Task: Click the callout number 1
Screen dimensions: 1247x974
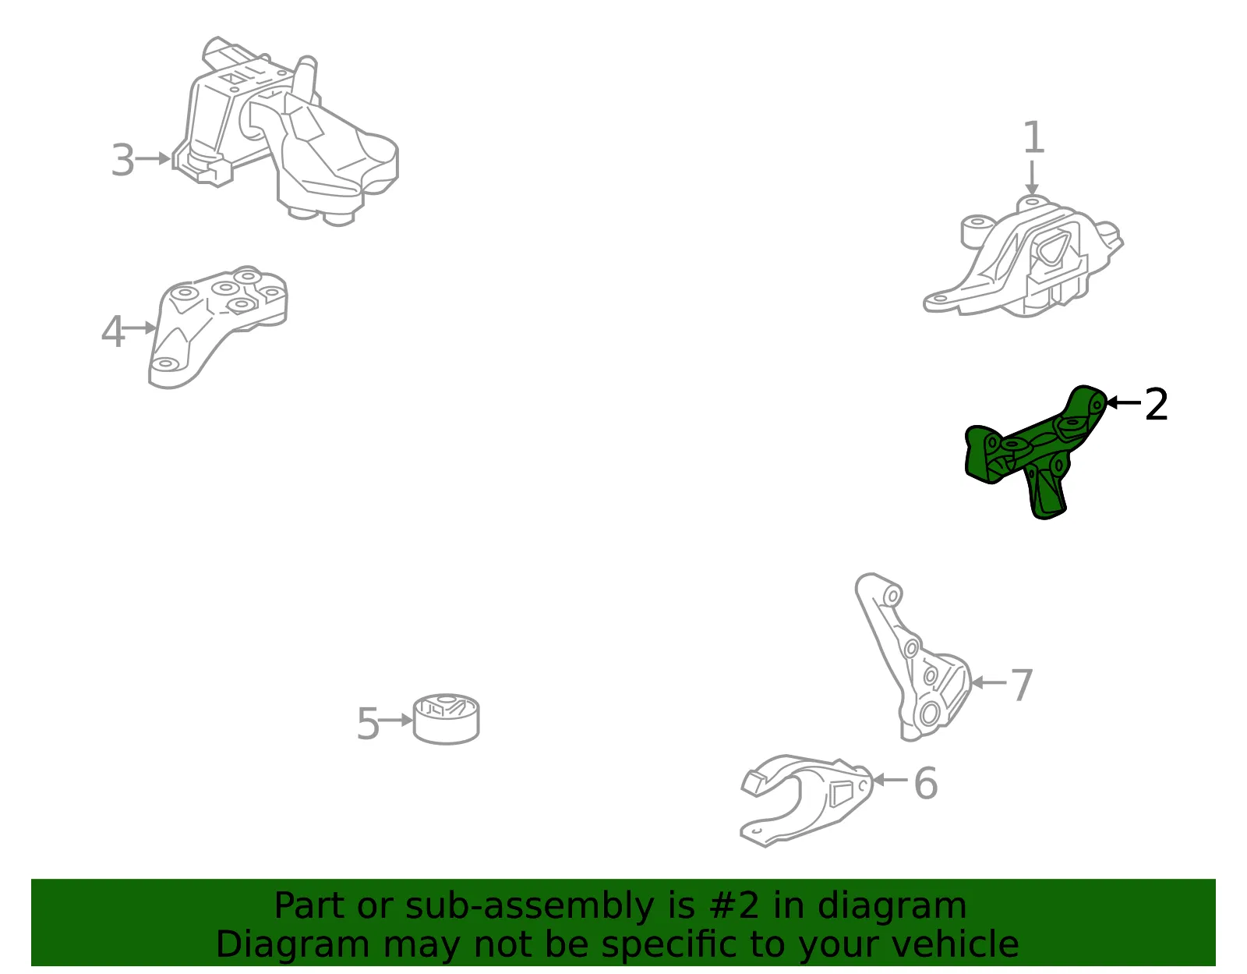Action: click(1034, 137)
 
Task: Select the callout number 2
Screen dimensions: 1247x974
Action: click(1156, 404)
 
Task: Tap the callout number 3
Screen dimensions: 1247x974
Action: click(123, 160)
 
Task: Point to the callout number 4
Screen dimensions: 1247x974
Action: click(113, 331)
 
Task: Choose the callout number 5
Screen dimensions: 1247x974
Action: click(368, 723)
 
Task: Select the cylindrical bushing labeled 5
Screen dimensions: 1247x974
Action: click(447, 718)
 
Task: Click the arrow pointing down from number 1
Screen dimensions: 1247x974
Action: click(1032, 178)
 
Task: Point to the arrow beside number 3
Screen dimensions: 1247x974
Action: click(154, 158)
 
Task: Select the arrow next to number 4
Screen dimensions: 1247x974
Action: click(140, 328)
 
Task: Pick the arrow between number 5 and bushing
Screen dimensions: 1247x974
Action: click(396, 720)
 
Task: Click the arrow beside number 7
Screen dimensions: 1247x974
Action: click(989, 682)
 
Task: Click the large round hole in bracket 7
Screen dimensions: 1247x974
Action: click(928, 714)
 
